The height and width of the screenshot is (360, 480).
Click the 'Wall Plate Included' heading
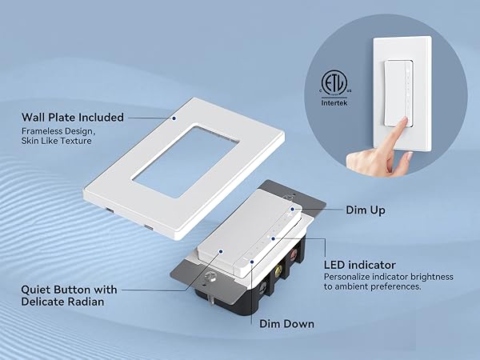coord(73,118)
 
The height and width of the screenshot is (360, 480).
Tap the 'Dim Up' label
coord(366,210)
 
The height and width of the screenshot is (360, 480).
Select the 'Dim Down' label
coord(287,324)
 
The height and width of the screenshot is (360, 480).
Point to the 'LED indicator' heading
coord(360,265)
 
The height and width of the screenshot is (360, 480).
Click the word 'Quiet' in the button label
coord(37,290)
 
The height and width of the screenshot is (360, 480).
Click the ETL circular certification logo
coord(334,82)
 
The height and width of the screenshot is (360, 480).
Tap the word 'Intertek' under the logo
coord(334,103)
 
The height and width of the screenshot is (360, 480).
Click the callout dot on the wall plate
coord(174,118)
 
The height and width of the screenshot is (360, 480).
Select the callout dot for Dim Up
coord(292,209)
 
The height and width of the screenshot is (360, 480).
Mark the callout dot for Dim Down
coord(252,262)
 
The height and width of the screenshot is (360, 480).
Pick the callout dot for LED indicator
coord(274,238)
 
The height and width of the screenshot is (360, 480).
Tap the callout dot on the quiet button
coord(221,251)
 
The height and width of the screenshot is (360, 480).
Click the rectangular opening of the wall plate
coord(186,161)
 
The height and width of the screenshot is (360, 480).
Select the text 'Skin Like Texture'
coord(56,141)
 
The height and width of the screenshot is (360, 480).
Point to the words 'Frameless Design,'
coord(58,132)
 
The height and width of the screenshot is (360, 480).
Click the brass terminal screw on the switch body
coord(278,270)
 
